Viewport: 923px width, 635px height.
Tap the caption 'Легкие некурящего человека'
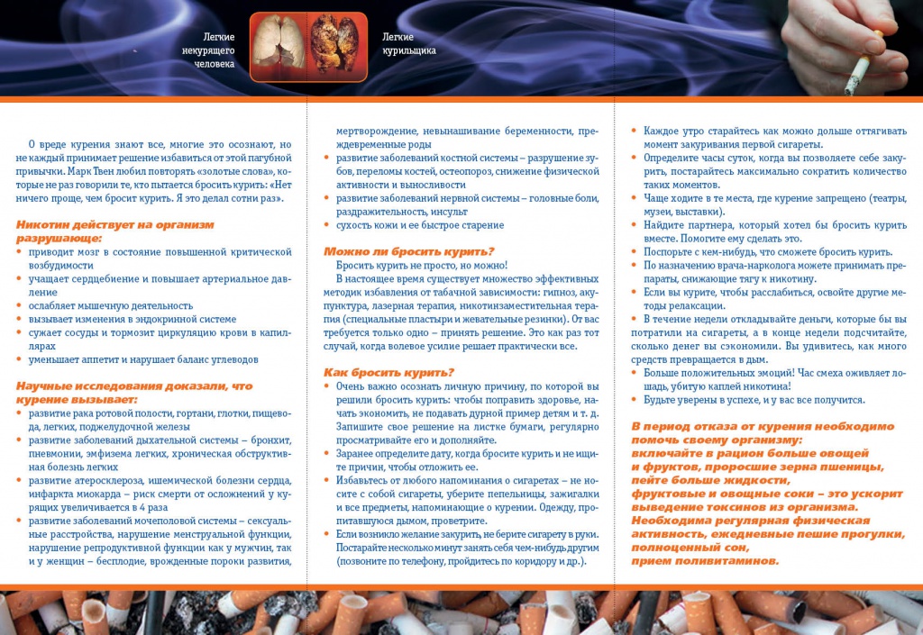208,50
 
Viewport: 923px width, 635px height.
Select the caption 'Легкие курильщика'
408,43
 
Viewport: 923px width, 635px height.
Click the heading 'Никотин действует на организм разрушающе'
114,231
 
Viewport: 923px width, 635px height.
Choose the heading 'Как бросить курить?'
388,372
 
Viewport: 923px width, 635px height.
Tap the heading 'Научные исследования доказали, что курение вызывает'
134,392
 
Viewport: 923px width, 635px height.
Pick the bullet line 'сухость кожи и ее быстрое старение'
420,225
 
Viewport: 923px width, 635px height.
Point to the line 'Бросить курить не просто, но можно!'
422,266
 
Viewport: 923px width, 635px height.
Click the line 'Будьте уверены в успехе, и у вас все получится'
754,400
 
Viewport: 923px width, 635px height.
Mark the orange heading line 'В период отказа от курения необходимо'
763,426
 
